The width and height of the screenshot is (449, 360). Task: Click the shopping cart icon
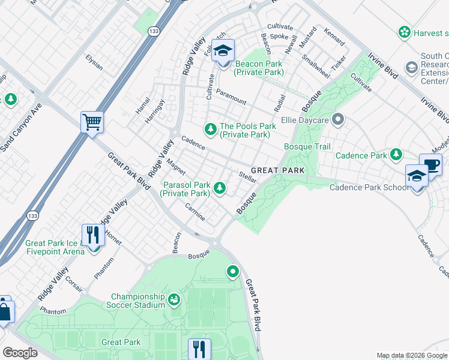pos(92,122)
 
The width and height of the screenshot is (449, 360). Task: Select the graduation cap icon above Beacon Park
pos(223,50)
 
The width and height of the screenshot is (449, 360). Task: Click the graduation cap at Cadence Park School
pos(417,175)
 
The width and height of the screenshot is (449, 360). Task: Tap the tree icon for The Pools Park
pos(210,128)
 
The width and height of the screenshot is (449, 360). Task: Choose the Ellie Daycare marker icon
pos(337,119)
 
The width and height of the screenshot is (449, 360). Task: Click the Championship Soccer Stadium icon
pos(174,299)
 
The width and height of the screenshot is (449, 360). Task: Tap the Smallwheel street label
pos(316,66)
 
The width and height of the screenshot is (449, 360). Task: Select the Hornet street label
pos(113,237)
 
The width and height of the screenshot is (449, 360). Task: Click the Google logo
pos(20,353)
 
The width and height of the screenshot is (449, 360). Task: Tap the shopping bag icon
pos(4,311)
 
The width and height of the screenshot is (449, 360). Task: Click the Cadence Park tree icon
pos(396,155)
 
